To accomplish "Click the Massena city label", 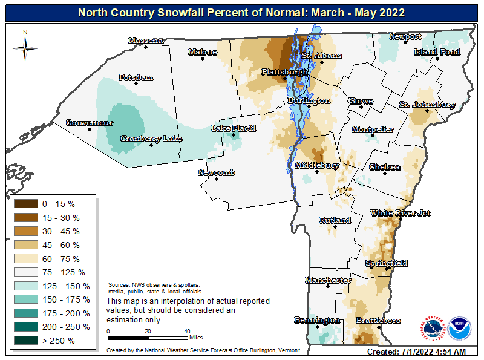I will pos(146,41).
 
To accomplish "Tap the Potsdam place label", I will pos(136,77).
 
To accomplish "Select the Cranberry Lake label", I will pos(151,139).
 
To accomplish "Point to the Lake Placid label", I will pos(234,128).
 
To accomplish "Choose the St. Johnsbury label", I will pos(427,105).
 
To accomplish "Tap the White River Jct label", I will pos(400,213).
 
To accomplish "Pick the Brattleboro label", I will pos(378,320).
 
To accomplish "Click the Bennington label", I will pos(317,319).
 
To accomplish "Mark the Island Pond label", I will pos(437,52).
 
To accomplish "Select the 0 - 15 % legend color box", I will pos(25,204).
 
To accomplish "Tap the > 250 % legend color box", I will pos(25,341).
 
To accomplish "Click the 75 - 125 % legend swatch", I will pos(25,272).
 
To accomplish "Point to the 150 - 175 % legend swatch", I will pos(25,299).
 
